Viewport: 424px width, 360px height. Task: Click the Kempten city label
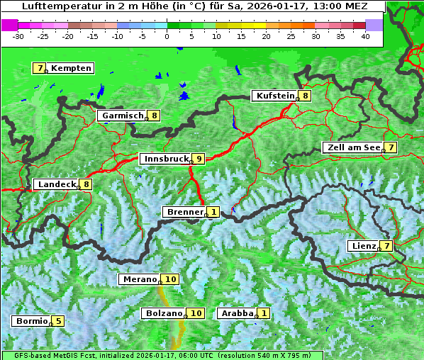click(71, 68)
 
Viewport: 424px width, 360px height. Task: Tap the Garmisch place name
click(123, 116)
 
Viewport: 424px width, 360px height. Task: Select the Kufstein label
click(274, 96)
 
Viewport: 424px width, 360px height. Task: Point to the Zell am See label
click(352, 147)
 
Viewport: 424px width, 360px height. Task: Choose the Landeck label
click(57, 184)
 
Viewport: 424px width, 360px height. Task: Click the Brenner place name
click(184, 212)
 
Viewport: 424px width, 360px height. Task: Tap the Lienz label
click(364, 246)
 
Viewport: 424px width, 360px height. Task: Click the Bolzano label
click(165, 313)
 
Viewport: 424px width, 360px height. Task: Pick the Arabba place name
click(237, 313)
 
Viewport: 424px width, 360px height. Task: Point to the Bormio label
click(31, 321)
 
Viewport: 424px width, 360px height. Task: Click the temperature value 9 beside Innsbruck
click(199, 159)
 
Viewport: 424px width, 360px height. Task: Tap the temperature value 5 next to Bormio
click(58, 321)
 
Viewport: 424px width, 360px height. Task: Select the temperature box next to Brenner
click(213, 212)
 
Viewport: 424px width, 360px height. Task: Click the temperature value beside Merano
click(171, 279)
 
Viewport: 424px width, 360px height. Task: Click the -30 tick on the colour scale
click(18, 35)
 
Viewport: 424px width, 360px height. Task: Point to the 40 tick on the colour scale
click(365, 35)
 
